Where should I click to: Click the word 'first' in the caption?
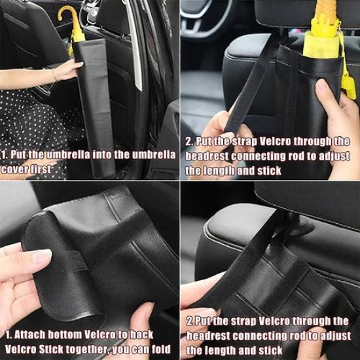[39, 170]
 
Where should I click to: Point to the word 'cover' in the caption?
[14, 170]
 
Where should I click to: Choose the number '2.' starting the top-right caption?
[189, 141]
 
